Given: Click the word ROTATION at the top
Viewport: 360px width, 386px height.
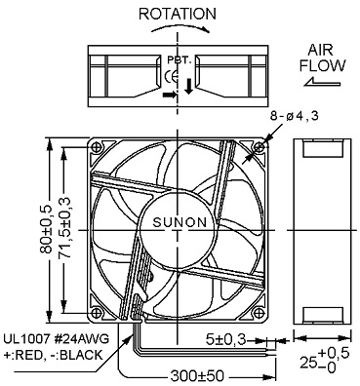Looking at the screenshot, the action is (178, 14).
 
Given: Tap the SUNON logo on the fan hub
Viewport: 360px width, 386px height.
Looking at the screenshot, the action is (180, 222).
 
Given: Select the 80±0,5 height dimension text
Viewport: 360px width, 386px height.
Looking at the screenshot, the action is (46, 229).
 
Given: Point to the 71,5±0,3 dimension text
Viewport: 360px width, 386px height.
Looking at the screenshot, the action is (64, 228).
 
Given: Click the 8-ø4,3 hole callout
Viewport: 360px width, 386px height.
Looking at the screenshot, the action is (295, 116).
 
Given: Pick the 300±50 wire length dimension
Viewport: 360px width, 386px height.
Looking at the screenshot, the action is (197, 376).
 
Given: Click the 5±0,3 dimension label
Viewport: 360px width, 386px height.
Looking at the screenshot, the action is (226, 340).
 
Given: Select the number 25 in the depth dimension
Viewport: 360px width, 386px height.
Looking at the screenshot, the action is (307, 363).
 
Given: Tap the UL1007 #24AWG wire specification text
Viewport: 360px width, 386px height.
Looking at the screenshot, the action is (57, 339).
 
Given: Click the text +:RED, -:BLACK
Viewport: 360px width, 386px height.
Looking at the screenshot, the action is (53, 355).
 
